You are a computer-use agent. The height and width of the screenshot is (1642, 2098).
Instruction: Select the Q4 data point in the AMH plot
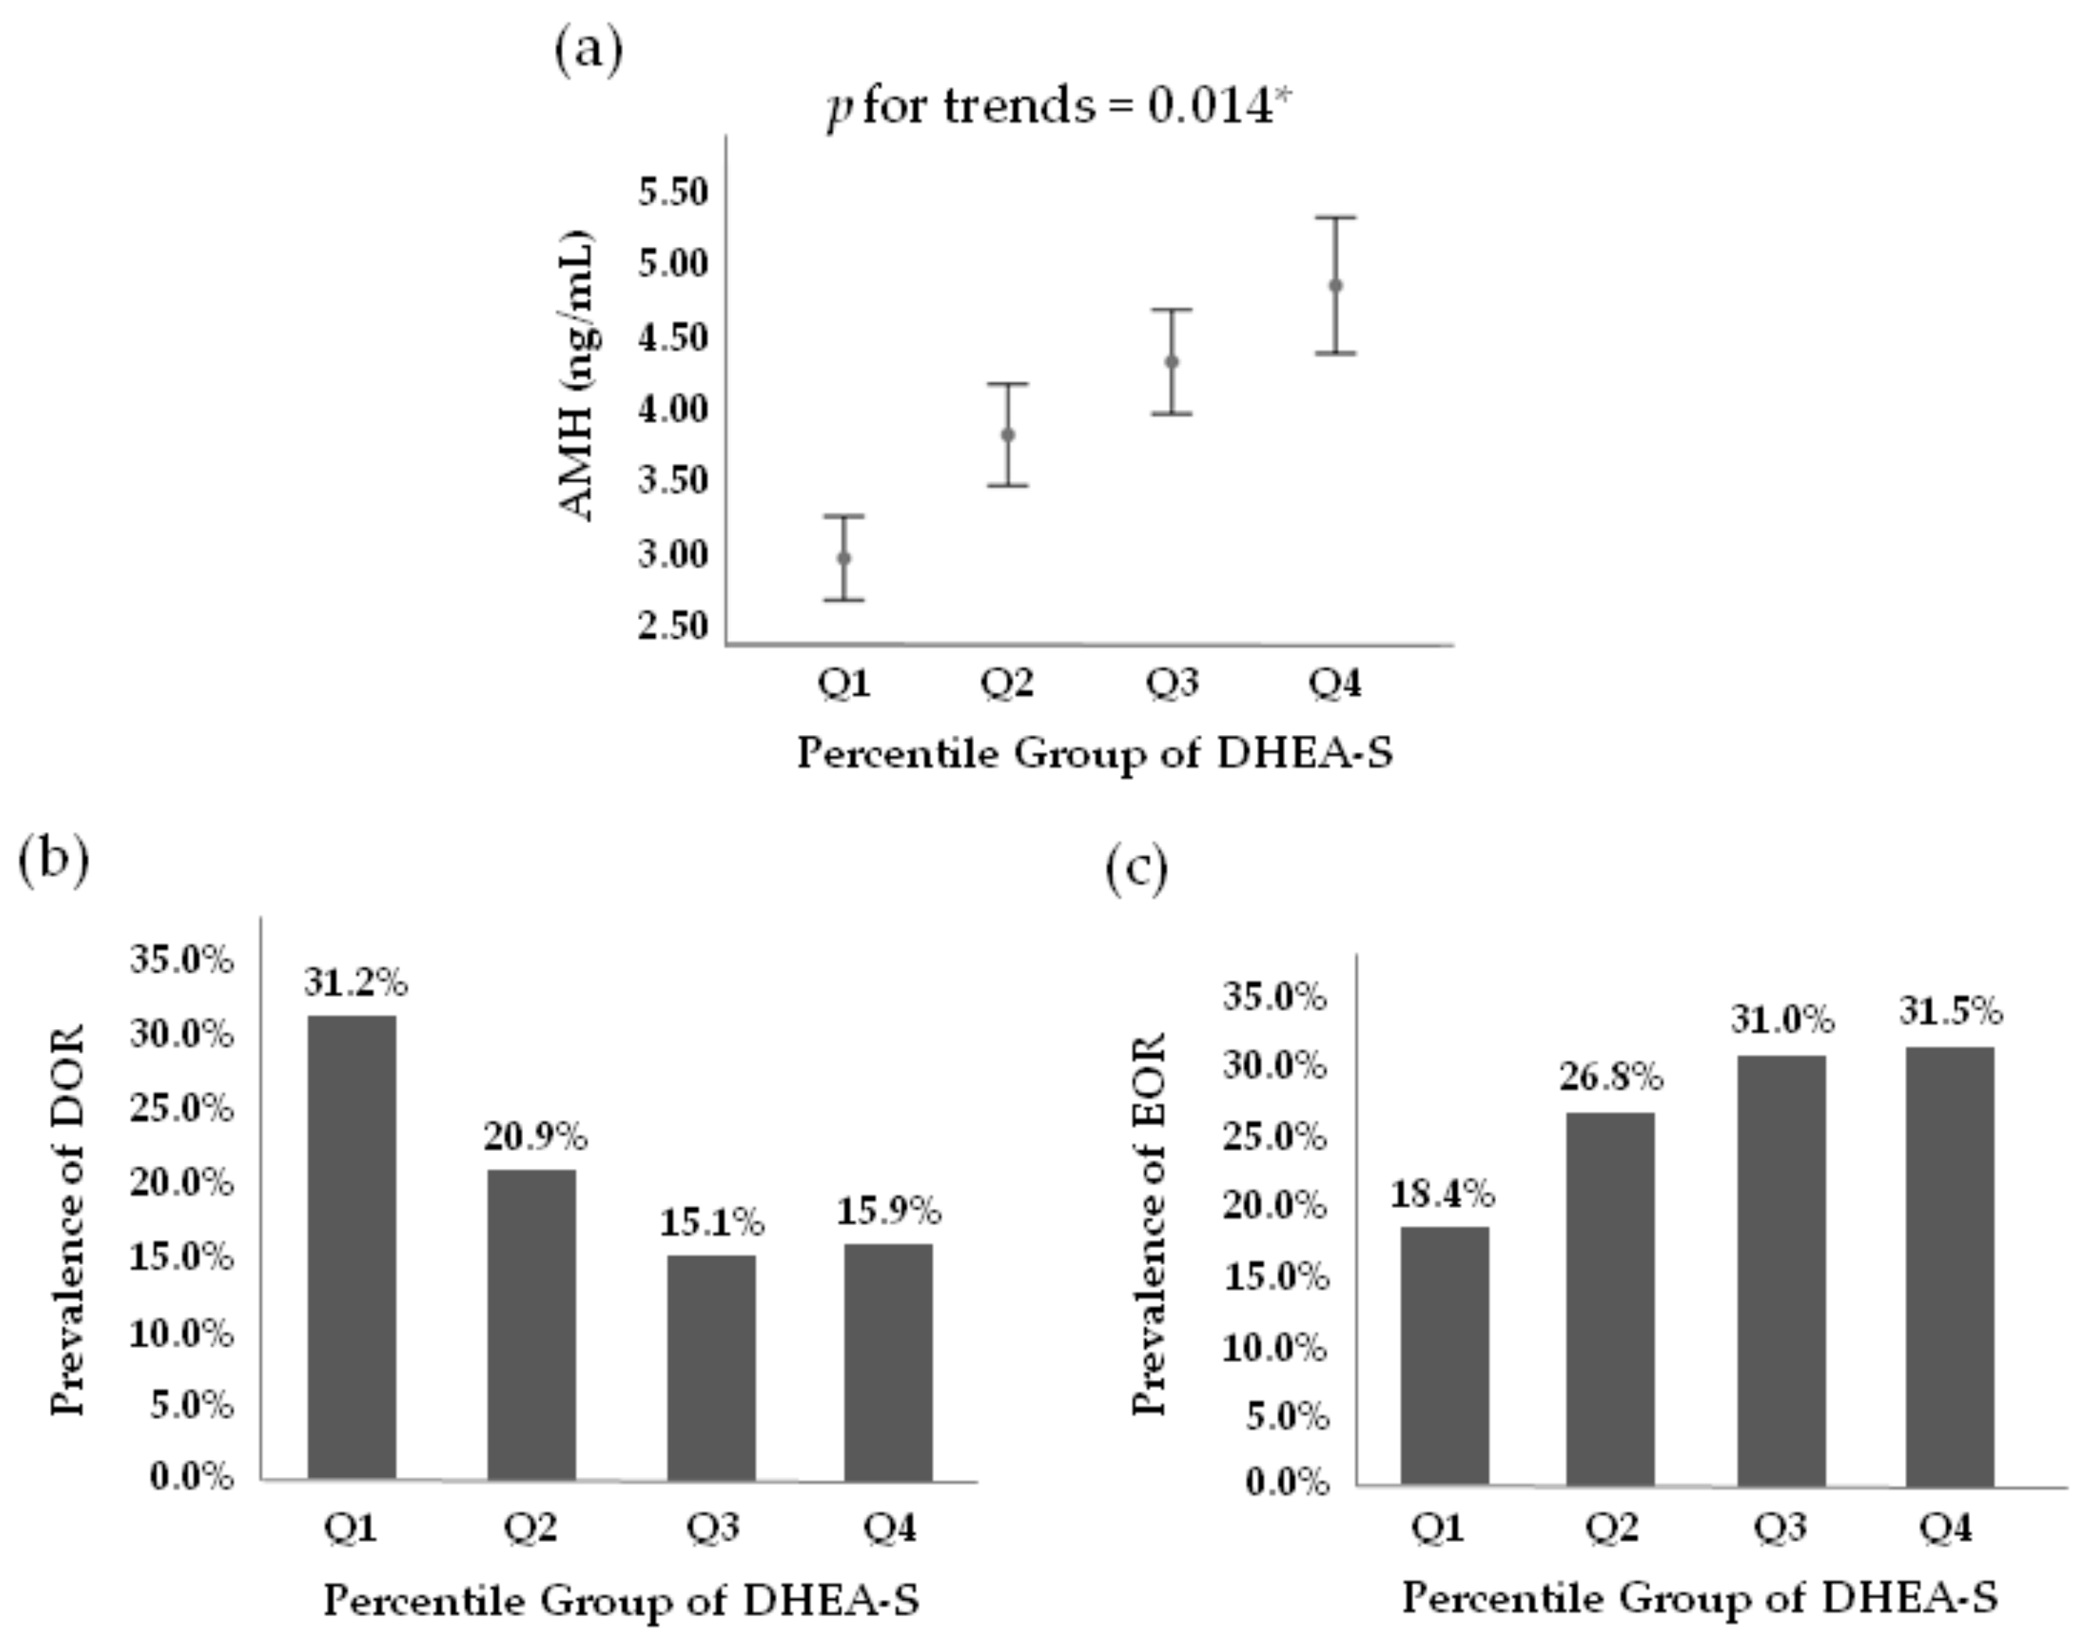click(1335, 285)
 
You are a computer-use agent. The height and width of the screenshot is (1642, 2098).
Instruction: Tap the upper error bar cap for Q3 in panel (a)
click(1172, 310)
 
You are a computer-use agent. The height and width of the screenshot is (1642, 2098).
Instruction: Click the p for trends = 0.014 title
click(1057, 106)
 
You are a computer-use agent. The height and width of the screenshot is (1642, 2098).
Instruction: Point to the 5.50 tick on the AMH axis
click(673, 192)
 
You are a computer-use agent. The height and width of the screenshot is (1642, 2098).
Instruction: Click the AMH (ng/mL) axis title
click(577, 378)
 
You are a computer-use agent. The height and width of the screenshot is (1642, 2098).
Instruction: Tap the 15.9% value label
click(888, 1211)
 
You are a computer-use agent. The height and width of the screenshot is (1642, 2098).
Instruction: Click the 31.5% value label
click(1950, 1011)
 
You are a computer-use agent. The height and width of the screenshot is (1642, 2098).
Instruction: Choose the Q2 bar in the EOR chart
click(1611, 1298)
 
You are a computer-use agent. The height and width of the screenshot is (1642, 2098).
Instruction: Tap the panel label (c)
click(1136, 870)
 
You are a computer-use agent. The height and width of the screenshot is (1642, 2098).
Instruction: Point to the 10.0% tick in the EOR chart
click(1274, 1348)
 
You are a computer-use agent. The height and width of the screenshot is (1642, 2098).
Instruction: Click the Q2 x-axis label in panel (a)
click(1006, 683)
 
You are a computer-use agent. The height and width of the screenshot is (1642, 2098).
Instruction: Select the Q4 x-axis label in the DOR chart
click(889, 1526)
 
